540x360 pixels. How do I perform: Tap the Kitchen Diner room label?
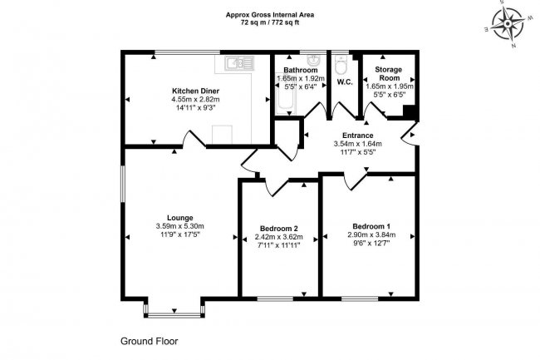click(195, 91)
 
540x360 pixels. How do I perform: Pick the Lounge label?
click(179, 217)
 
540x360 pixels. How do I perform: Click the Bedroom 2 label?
click(278, 229)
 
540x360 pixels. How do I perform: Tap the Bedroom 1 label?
click(371, 226)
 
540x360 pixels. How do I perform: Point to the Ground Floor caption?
click(150, 341)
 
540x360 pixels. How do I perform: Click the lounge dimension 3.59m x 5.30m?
click(179, 226)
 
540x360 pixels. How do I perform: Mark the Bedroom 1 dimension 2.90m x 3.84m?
click(371, 236)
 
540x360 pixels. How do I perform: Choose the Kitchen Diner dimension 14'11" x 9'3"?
click(195, 108)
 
